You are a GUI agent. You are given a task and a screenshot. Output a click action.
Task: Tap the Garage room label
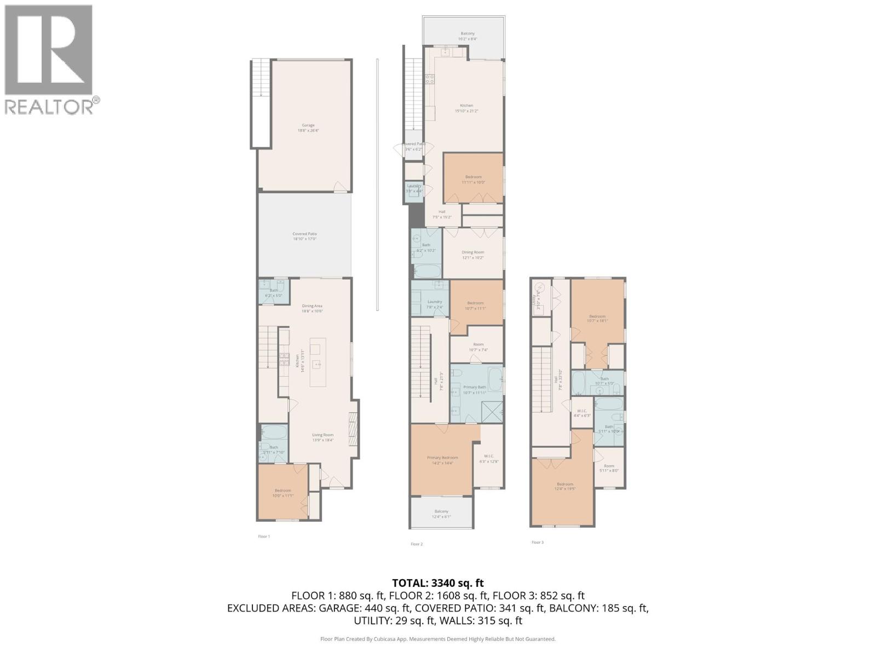[308, 128]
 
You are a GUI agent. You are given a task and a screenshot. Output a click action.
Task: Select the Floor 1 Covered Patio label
[304, 236]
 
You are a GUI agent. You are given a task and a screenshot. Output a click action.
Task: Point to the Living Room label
[323, 437]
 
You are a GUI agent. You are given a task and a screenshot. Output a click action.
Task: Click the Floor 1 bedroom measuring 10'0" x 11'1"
[283, 493]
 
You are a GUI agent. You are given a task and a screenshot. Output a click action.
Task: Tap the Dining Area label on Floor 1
[312, 308]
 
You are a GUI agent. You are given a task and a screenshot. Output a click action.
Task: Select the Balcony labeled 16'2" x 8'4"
[467, 36]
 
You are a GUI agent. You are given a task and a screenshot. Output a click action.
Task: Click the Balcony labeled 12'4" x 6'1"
[441, 514]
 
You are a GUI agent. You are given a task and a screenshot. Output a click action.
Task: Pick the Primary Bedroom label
[442, 460]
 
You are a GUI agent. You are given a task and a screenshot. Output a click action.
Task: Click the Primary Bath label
[474, 389]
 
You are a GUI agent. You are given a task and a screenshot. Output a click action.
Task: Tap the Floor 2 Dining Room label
[472, 255]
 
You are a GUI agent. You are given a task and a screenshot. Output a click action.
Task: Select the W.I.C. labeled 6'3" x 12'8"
[489, 458]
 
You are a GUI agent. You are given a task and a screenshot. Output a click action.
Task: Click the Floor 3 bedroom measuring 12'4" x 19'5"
[565, 486]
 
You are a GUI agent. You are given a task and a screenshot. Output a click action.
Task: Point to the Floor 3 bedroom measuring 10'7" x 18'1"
[597, 319]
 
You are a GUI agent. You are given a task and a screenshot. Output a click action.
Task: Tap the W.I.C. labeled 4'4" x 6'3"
[581, 413]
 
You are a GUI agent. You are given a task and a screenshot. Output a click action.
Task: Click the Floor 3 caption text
[537, 542]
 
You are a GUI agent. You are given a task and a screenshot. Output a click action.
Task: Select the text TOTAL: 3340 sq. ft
[438, 583]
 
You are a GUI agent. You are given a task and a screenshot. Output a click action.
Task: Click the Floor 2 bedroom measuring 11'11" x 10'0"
[473, 179]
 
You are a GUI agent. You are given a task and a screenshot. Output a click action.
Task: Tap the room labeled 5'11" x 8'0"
[609, 468]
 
